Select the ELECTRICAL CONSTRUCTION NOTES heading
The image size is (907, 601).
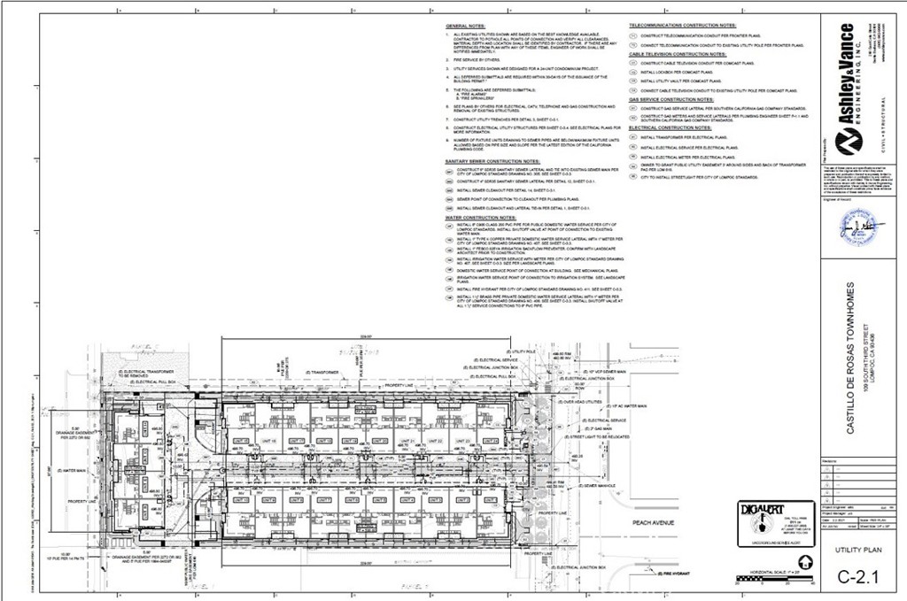(x=671, y=128)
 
